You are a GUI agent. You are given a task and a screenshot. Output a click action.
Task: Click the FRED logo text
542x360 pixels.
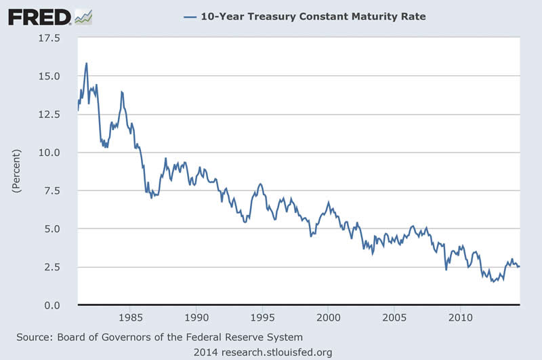click(x=39, y=16)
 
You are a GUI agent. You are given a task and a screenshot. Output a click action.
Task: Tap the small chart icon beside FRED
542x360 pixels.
click(x=83, y=16)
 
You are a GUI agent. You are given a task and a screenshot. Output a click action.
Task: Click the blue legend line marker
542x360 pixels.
click(x=189, y=16)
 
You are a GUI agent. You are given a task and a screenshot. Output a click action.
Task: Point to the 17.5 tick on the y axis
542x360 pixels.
click(x=49, y=39)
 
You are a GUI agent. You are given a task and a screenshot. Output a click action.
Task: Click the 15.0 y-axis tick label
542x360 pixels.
click(x=49, y=77)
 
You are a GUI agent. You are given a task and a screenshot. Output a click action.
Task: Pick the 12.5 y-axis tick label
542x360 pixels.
click(x=49, y=115)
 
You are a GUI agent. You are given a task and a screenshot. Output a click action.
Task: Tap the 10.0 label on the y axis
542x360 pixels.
click(x=49, y=153)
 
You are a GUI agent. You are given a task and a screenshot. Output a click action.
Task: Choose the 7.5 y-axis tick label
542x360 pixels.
click(x=51, y=191)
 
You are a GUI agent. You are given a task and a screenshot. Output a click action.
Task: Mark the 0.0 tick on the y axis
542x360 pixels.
click(x=51, y=306)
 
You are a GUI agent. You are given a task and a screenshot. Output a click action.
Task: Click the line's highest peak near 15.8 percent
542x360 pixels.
click(x=87, y=63)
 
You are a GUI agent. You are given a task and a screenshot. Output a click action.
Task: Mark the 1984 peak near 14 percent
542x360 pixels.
click(x=121, y=92)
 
